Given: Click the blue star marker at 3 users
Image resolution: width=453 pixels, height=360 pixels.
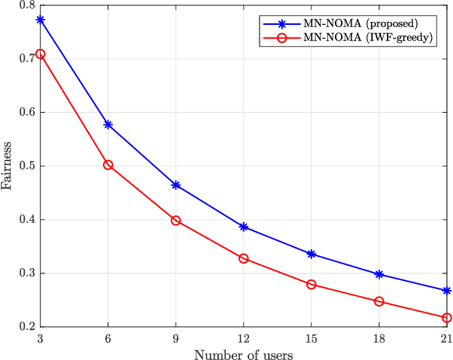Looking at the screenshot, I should point(40,20).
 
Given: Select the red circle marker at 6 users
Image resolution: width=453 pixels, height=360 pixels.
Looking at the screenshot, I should point(108,164).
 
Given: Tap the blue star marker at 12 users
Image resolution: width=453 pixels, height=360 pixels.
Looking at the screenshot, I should point(244,227).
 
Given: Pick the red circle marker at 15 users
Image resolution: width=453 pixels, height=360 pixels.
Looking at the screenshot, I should point(312,284).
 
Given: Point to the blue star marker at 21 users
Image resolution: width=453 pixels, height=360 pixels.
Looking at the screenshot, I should point(448,291).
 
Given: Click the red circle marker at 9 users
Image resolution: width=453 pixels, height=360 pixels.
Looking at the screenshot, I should point(175,221).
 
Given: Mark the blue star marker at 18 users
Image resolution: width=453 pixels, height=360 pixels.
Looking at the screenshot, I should point(379,274).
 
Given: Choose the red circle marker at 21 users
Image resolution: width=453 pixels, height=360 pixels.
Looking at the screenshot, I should point(448,318).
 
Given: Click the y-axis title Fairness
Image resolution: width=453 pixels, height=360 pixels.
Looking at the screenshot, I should point(9,166).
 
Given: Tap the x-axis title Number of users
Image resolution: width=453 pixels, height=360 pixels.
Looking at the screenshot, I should point(244,353).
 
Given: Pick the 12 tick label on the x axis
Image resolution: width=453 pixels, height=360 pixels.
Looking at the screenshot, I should point(244,338).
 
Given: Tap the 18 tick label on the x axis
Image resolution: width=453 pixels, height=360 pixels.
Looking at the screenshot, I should point(379,338).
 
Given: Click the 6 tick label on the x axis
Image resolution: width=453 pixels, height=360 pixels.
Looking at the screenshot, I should point(108,338).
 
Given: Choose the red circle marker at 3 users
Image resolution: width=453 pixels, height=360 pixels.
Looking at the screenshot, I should point(40,53).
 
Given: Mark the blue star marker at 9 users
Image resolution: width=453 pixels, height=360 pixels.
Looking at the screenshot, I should point(175,185).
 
